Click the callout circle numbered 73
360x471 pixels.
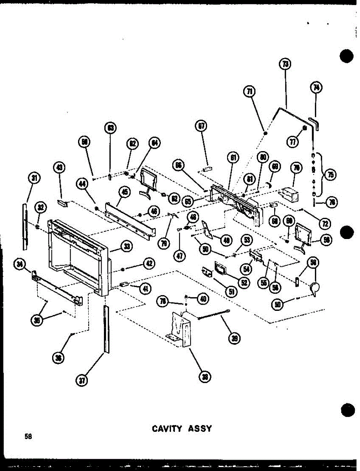point(285,64)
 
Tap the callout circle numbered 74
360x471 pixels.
point(316,88)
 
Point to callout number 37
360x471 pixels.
point(82,380)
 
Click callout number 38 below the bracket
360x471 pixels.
point(205,377)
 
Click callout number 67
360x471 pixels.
point(202,126)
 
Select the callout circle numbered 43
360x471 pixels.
point(60,168)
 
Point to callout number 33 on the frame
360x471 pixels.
point(127,246)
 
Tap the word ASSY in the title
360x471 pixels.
point(200,429)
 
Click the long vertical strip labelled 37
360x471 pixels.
point(106,329)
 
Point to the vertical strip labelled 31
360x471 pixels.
point(25,226)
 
